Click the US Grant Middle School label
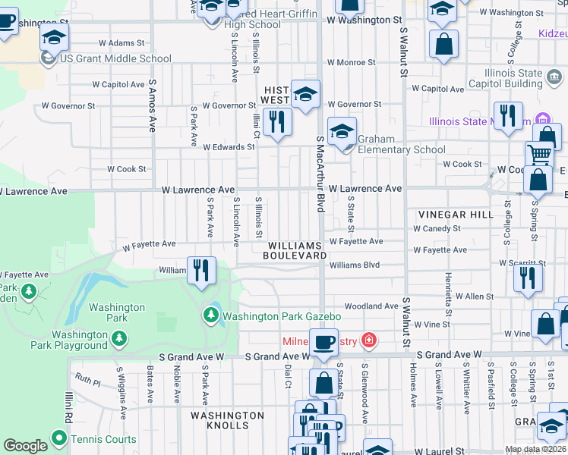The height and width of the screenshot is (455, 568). (115, 58)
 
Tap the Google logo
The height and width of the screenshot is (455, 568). (24, 446)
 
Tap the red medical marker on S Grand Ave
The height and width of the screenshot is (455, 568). (369, 340)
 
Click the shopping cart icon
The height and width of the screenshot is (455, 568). (539, 154)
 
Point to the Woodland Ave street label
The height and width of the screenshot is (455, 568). (371, 306)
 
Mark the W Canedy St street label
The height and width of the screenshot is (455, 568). (437, 228)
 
